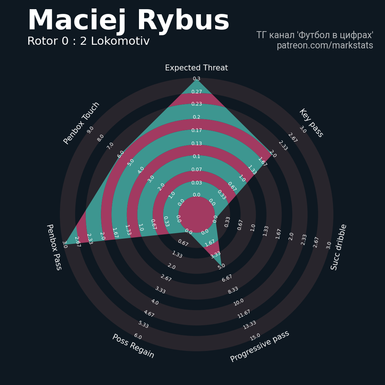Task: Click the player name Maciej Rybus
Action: [129, 21]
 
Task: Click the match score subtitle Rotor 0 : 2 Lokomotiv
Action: [88, 41]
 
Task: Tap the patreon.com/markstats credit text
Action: [325, 45]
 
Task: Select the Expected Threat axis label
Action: [197, 68]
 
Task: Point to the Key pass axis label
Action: [311, 123]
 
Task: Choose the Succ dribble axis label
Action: [338, 247]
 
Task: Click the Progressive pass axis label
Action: [260, 346]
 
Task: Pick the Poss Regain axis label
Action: [133, 346]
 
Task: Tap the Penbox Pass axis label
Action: [54, 247]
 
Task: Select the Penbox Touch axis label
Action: [81, 123]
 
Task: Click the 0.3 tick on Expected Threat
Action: [197, 78]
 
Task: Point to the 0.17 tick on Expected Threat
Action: [197, 130]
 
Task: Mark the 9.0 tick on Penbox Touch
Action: [90, 130]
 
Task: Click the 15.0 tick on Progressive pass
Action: [255, 337]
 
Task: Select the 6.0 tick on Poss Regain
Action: [138, 336]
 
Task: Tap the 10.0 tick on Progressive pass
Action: [238, 302]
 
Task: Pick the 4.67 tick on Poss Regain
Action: [149, 313]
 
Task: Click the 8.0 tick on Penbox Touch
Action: [100, 138]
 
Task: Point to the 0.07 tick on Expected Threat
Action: [197, 169]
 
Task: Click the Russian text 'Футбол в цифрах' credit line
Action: [315, 35]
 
